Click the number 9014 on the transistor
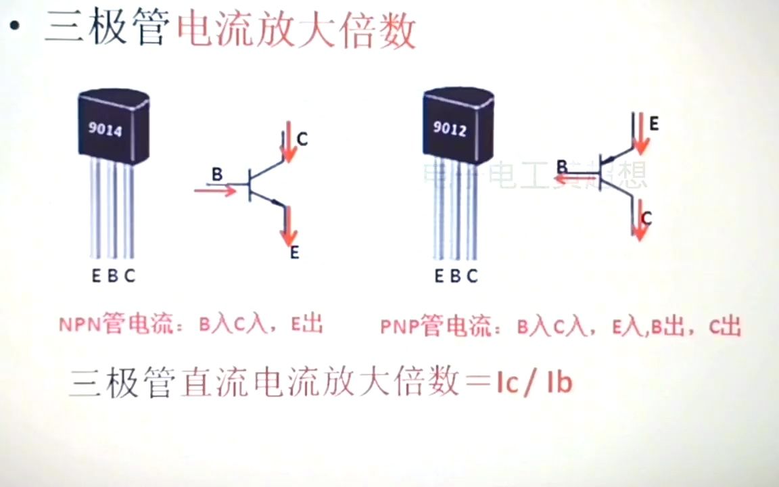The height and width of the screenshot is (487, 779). [105, 129]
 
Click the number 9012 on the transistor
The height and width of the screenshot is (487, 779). [449, 128]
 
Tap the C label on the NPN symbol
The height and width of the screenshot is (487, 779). [302, 139]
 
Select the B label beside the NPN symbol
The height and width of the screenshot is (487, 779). [216, 175]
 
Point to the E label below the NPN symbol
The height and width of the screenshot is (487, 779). [295, 254]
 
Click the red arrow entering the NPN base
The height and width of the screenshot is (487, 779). [215, 190]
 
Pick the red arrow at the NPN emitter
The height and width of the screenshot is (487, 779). [290, 227]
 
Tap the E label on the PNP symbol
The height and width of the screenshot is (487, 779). [654, 124]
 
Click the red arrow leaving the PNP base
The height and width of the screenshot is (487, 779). [575, 179]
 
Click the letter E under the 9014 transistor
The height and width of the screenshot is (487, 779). [97, 276]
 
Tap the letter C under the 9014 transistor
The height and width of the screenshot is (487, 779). [130, 276]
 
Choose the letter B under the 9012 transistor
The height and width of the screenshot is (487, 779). [455, 276]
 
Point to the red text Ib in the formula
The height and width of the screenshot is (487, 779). [559, 382]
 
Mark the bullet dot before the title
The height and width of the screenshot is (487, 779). [15, 27]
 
